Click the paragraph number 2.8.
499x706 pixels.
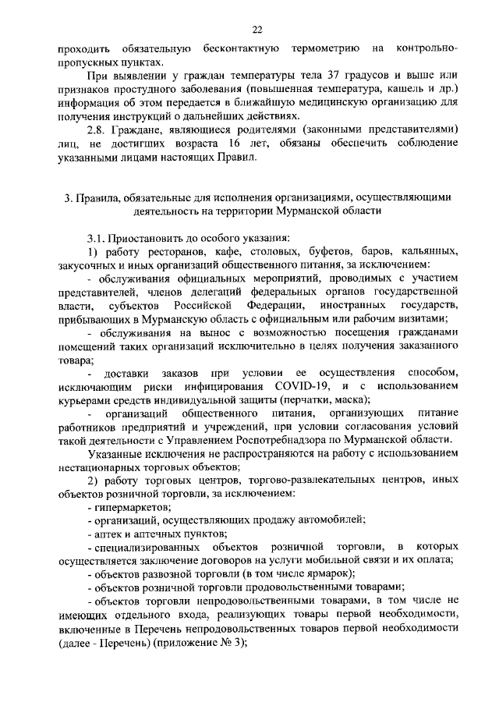tap(97, 129)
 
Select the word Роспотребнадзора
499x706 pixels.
tap(286, 439)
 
